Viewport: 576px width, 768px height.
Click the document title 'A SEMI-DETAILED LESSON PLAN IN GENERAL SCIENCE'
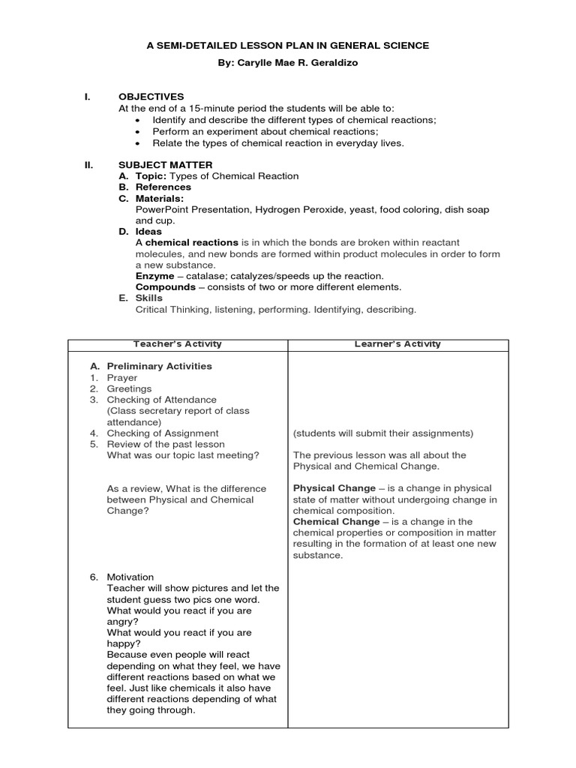pos(288,46)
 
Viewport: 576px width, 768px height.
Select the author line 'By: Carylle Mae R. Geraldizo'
pos(288,63)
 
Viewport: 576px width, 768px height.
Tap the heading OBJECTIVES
pos(151,97)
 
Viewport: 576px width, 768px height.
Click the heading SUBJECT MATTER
pos(165,164)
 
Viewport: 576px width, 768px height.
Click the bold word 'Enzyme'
pos(154,276)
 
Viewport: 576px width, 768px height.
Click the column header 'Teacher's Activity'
pos(178,344)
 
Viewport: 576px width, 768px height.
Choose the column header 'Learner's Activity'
pos(397,344)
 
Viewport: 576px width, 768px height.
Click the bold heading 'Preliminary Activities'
pos(159,366)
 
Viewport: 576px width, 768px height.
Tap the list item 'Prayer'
pos(122,378)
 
